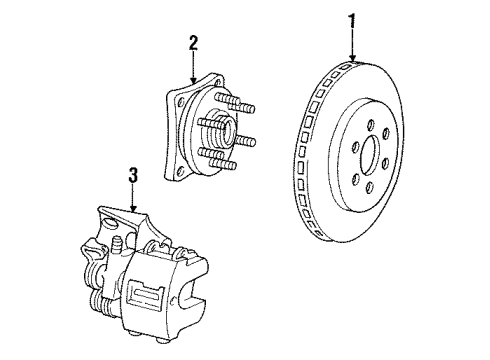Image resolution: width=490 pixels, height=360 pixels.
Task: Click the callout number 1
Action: pyautogui.click(x=352, y=19)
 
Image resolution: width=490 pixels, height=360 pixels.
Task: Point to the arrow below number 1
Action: pyautogui.click(x=352, y=45)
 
